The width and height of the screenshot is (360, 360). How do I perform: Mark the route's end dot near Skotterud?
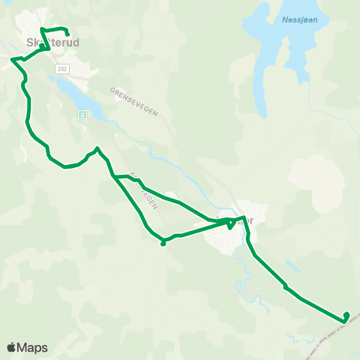pos(67,34)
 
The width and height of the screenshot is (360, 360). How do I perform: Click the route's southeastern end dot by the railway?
pos(346,315)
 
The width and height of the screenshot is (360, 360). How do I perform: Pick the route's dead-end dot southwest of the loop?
pos(163,244)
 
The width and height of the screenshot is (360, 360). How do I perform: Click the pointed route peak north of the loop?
pos(97,148)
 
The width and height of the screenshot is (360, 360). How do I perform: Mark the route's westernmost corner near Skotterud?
pos(11,58)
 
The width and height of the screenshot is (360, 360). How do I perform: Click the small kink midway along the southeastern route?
pos(285,286)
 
